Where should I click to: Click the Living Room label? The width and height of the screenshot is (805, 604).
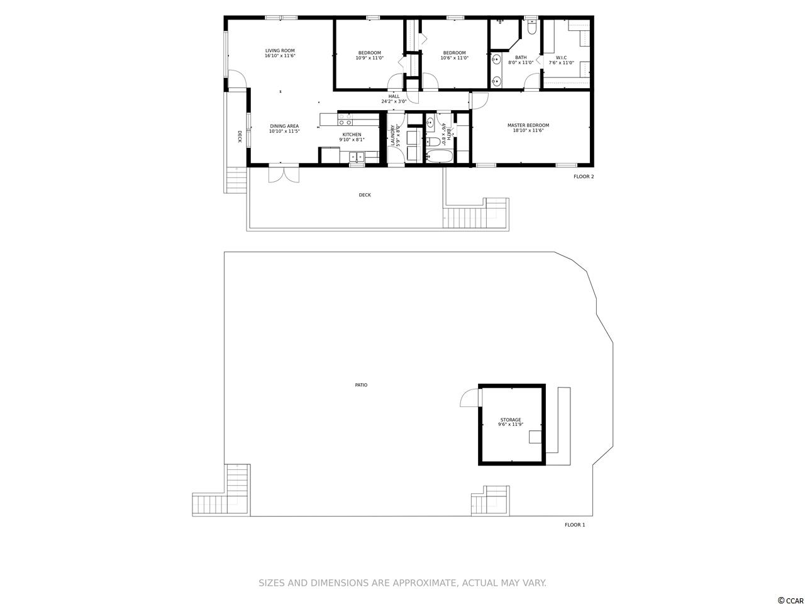(280, 50)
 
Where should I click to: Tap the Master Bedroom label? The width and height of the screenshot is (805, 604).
(528, 125)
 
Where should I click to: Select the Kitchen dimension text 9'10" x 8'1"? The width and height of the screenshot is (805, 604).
(352, 139)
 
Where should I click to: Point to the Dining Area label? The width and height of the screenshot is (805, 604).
(284, 126)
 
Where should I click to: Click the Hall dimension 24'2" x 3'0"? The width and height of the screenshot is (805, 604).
(394, 101)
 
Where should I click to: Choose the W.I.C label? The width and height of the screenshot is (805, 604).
(561, 58)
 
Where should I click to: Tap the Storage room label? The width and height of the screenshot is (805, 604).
(511, 420)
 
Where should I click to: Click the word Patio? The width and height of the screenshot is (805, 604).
(361, 384)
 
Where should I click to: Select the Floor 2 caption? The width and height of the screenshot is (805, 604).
(584, 176)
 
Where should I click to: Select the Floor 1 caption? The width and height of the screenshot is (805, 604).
(575, 525)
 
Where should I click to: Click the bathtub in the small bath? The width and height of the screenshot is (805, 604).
(440, 157)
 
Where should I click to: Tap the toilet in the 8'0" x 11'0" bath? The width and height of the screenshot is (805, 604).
(531, 27)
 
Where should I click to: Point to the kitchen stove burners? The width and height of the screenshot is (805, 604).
(345, 119)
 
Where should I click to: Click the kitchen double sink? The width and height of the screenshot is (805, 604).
(356, 157)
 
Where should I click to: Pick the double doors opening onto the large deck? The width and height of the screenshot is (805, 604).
(284, 174)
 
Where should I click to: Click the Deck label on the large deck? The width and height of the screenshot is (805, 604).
(365, 195)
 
